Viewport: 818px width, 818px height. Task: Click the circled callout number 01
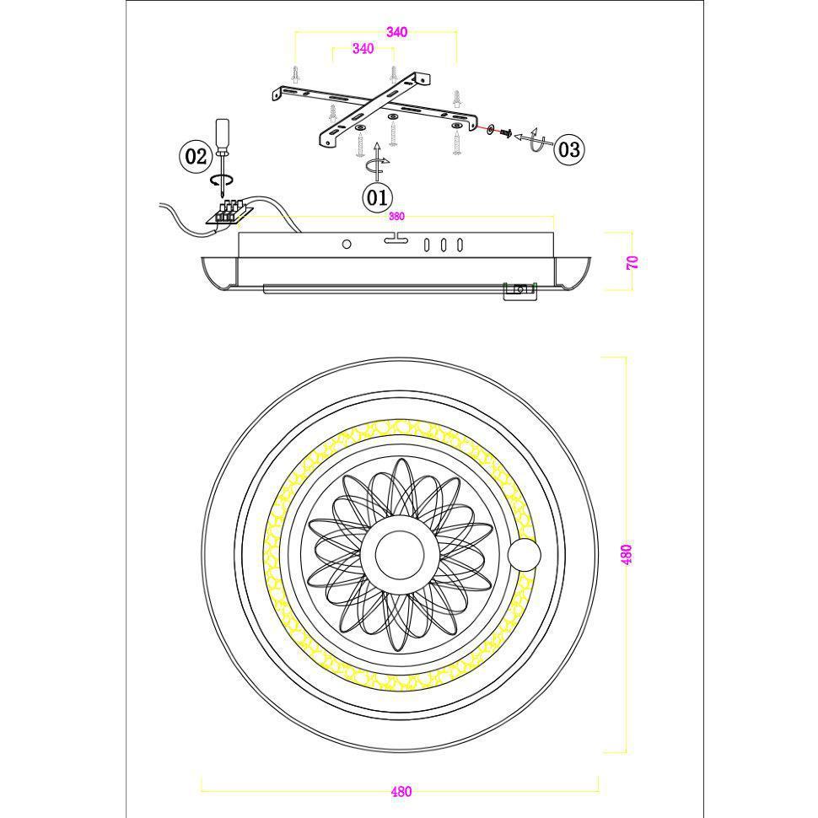point(377,197)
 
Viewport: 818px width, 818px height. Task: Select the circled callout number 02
point(196,156)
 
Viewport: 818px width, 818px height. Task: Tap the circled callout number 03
point(568,150)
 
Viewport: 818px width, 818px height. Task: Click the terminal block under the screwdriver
point(230,213)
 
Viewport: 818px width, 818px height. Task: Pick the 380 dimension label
point(396,217)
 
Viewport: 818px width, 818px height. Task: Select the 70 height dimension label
point(632,262)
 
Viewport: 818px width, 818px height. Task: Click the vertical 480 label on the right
point(627,554)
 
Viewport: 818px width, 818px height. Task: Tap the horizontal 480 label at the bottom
point(401,791)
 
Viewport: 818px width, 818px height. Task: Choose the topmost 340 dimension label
point(396,32)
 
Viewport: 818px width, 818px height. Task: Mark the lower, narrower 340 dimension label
point(363,49)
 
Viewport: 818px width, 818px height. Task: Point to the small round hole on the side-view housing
point(347,244)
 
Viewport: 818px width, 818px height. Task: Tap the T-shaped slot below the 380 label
point(396,238)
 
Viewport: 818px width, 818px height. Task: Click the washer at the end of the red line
point(491,129)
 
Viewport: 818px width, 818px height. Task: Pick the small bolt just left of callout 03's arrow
point(505,133)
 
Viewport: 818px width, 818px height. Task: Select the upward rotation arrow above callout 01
point(378,161)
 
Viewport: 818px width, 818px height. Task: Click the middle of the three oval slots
point(443,245)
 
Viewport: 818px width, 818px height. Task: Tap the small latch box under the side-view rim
point(519,291)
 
